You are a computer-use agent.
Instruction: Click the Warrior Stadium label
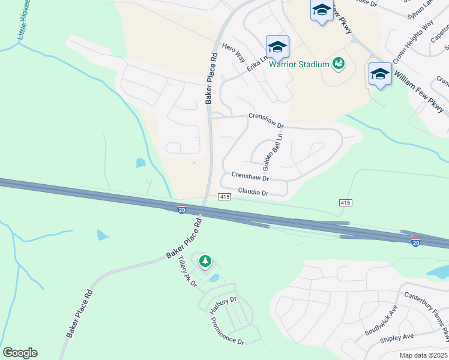pos(299,64)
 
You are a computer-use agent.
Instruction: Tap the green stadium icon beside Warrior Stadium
pos(339,63)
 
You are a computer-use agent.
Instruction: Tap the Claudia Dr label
pos(253,193)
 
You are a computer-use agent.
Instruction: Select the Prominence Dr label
pos(228,329)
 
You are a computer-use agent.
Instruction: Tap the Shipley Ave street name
pos(397,337)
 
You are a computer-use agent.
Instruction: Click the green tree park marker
pos(205,261)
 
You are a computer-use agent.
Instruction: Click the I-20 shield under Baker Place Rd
pos(181,209)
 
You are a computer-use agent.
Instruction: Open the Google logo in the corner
pos(20,353)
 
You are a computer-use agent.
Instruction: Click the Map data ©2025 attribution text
pos(423,355)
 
